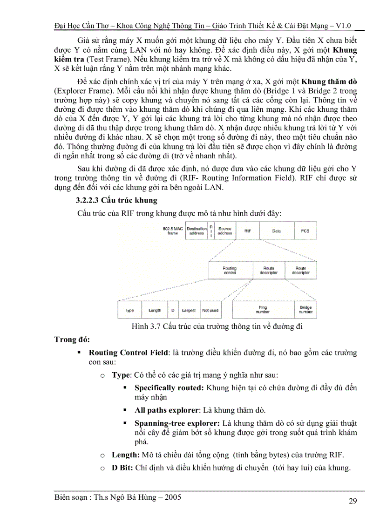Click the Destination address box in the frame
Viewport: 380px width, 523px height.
tap(197, 231)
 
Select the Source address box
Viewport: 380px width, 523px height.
tap(225, 231)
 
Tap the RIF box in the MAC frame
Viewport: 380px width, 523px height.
tap(248, 231)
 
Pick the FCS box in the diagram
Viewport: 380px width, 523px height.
tap(305, 231)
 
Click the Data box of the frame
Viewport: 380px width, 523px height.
tap(277, 231)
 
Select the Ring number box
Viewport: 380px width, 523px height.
tap(264, 310)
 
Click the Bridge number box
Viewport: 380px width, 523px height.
tap(306, 310)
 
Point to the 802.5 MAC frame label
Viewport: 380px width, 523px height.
tap(173, 231)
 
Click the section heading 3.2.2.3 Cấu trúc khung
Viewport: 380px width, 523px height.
tap(116, 200)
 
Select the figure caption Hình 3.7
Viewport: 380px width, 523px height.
tap(217, 326)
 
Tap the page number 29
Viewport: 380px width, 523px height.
tap(353, 501)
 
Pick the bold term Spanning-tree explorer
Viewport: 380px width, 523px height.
tap(177, 423)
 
